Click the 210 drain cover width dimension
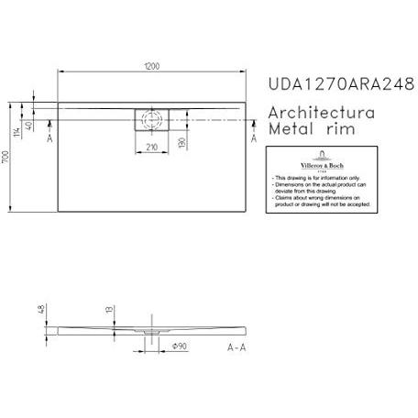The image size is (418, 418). pyautogui.click(x=151, y=144)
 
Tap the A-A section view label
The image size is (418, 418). pyautogui.click(x=236, y=346)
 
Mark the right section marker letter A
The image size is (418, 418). pyautogui.click(x=253, y=137)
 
